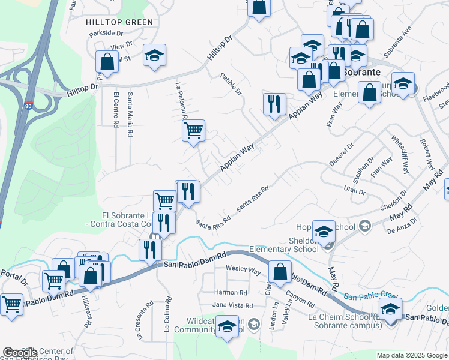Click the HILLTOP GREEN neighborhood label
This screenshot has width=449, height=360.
point(120,22)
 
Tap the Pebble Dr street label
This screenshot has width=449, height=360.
point(231,85)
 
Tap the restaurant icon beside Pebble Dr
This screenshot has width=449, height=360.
point(274,103)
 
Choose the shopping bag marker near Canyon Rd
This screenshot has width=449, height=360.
point(279,271)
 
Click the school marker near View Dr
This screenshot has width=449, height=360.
point(154,56)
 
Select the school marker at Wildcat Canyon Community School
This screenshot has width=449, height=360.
point(228,326)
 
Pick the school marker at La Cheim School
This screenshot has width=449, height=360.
point(390,309)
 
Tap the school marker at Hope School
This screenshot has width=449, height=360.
point(324,231)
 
